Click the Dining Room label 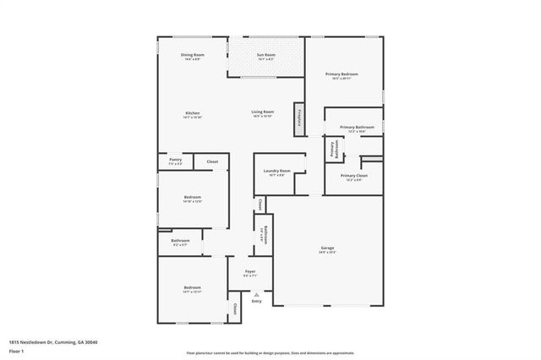192,55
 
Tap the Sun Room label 266,55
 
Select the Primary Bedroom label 342,74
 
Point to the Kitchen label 193,112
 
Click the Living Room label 262,112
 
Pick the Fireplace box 299,119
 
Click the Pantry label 175,159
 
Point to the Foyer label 250,271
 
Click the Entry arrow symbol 256,293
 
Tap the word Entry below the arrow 256,301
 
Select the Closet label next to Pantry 212,161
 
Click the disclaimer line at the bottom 270,352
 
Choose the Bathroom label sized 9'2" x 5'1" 179,241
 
